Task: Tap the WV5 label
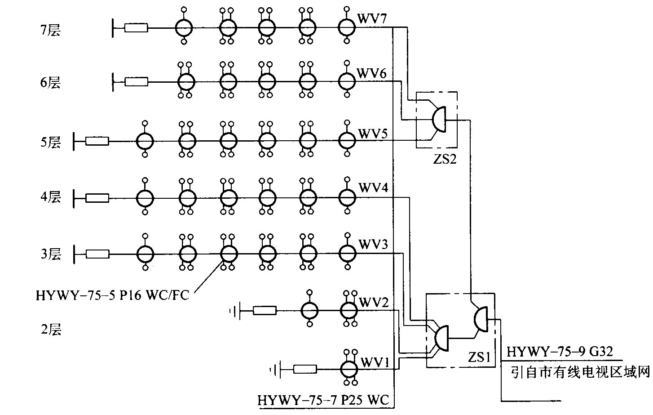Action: click(x=373, y=134)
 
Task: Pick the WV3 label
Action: click(x=373, y=244)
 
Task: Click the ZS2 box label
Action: click(x=445, y=159)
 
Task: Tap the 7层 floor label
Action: click(x=50, y=31)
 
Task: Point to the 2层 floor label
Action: click(x=50, y=330)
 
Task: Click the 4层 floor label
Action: click(x=50, y=197)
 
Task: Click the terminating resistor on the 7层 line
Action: click(x=136, y=28)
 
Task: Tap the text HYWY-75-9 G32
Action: click(x=560, y=351)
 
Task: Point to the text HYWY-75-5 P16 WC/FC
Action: click(x=112, y=295)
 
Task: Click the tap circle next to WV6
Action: click(x=346, y=82)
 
